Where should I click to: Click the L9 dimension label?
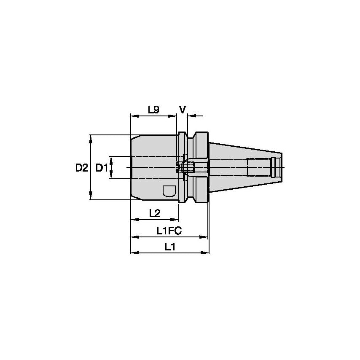153,110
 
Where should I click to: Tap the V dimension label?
182,110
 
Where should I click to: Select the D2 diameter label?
82,168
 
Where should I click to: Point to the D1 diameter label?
102,168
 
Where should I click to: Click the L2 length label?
155,213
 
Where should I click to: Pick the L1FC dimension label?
169,231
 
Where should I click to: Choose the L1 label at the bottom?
170,247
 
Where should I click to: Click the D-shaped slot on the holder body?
169,191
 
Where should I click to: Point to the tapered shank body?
240,167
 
